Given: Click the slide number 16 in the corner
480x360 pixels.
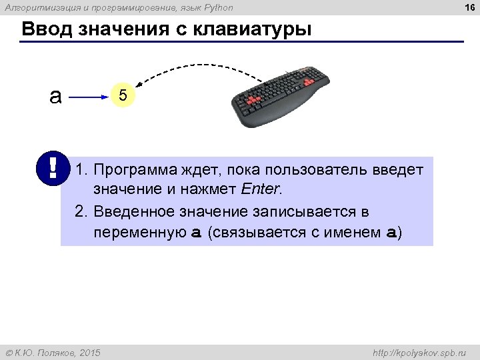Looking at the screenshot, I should click(x=469, y=7).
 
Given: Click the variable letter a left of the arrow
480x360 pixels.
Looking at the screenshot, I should click(x=55, y=97).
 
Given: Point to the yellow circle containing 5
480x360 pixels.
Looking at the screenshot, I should click(x=123, y=97).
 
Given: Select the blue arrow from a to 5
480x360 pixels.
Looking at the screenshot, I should click(x=89, y=97).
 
